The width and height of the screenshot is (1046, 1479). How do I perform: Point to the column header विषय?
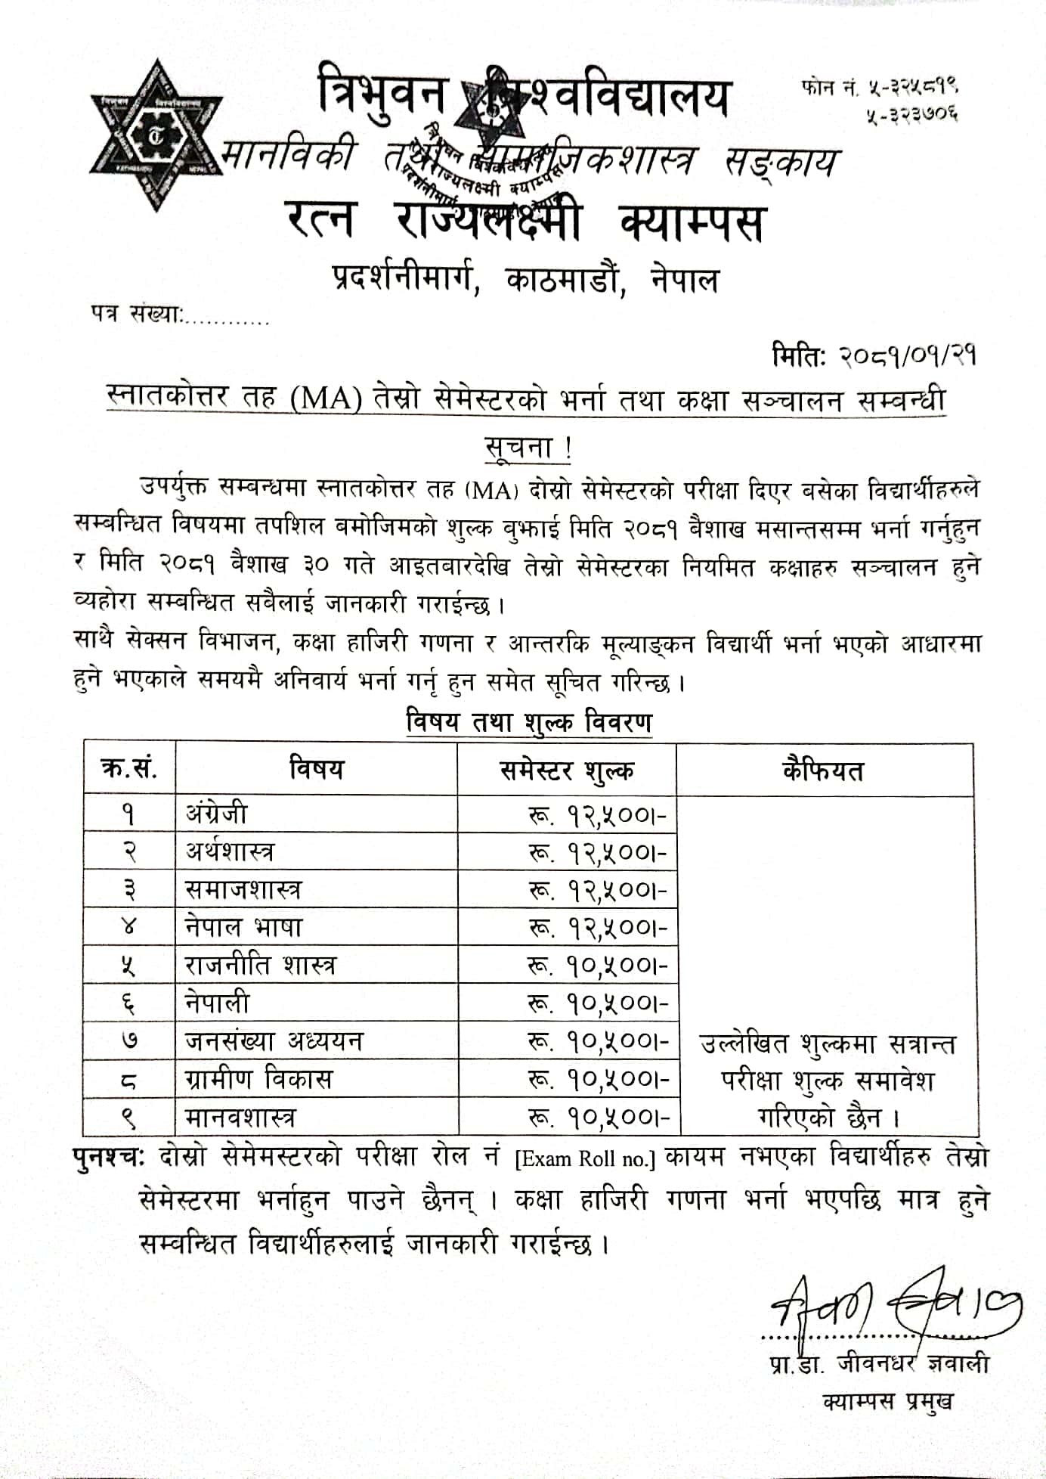coord(317,770)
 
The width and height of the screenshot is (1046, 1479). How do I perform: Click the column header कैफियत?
coord(823,771)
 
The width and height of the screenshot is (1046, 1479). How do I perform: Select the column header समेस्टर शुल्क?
coord(567,771)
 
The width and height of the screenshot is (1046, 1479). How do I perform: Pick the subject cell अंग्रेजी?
coord(217,814)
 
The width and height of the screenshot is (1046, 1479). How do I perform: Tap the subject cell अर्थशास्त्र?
coord(231,851)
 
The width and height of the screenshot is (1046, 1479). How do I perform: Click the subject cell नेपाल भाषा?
coord(243,927)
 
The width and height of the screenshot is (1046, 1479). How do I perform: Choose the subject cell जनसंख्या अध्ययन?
coord(274,1041)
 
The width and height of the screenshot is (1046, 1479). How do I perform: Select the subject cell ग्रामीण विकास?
coord(258,1079)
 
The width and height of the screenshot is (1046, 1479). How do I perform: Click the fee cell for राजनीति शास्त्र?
coord(598,966)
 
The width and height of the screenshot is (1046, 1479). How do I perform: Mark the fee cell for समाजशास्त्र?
coord(598,890)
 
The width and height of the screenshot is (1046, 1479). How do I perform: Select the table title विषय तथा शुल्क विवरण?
coord(528,722)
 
